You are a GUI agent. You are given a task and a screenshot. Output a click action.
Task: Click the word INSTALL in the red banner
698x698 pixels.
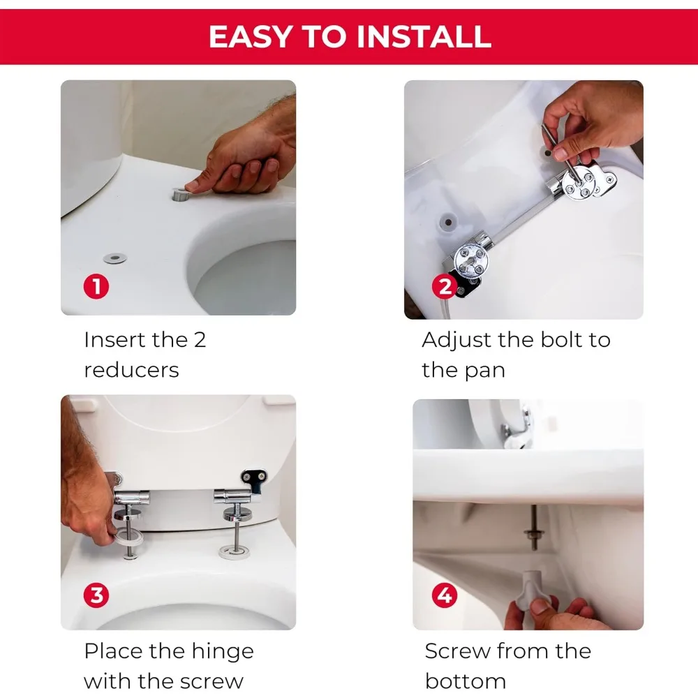click(x=424, y=36)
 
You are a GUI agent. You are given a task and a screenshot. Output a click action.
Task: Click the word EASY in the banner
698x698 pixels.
click(x=250, y=36)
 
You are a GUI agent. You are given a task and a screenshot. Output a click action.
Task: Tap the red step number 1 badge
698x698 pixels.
click(x=96, y=286)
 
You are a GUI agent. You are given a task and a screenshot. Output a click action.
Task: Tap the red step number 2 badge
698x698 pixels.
click(x=444, y=286)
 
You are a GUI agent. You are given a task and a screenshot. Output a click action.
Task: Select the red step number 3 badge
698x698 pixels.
click(x=96, y=595)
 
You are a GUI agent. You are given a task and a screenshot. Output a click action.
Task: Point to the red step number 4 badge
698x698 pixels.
click(x=444, y=595)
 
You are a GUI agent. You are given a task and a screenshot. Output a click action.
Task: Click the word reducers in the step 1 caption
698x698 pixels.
click(x=131, y=370)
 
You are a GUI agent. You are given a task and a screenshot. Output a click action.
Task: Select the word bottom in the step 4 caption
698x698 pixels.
click(x=465, y=681)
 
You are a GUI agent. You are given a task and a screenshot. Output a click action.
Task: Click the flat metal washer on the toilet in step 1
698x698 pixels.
click(x=115, y=258)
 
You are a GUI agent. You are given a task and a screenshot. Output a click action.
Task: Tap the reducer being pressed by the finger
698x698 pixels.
click(x=181, y=195)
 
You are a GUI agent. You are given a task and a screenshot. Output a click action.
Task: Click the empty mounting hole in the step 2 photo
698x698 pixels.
click(x=448, y=222)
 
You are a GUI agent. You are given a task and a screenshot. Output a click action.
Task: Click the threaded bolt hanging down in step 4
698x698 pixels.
click(x=533, y=528)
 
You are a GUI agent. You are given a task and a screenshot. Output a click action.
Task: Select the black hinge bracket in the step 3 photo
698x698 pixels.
click(x=255, y=480)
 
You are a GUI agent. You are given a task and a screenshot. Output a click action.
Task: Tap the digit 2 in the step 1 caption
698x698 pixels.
click(x=200, y=340)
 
